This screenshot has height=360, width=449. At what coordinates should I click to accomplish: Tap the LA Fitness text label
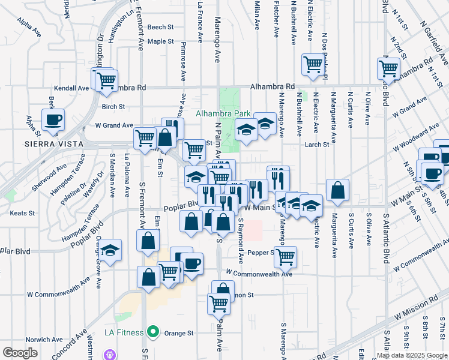pos(124,332)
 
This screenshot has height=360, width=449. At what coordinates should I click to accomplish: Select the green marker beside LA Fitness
pos(154,332)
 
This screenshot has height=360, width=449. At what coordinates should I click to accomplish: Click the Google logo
pos(20,353)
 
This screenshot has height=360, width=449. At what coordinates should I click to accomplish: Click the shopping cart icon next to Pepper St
pos(286,256)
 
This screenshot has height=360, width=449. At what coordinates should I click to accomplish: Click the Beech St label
pos(160,27)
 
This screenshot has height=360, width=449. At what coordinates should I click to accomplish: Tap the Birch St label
pos(113,107)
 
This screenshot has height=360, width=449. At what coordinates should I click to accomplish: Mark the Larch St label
pos(317,144)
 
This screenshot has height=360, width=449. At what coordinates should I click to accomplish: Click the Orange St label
pos(181,332)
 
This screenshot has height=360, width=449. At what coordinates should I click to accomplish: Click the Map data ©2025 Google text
pos(411,355)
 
